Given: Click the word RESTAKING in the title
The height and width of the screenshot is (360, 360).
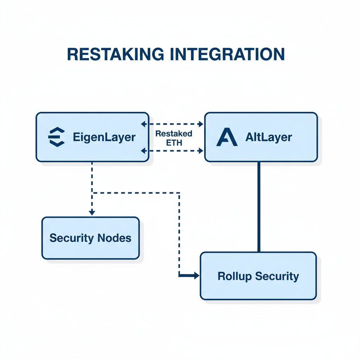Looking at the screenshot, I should (x=115, y=54).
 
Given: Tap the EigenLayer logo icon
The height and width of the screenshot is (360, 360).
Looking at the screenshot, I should (x=56, y=137).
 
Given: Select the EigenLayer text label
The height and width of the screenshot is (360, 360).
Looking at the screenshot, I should (x=104, y=137).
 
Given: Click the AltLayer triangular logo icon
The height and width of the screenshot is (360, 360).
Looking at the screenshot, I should (x=227, y=137).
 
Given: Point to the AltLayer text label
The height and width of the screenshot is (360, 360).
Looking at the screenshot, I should (x=269, y=137).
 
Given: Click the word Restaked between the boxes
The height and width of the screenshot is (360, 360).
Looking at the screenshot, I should (x=174, y=134).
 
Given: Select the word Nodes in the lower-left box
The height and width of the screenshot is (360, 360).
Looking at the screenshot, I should (x=115, y=238).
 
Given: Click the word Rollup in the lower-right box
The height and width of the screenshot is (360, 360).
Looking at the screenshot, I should (x=234, y=276).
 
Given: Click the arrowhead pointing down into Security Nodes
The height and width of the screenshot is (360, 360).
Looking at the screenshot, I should (x=92, y=212).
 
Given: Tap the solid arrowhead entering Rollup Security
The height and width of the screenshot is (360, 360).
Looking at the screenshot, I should (x=196, y=276).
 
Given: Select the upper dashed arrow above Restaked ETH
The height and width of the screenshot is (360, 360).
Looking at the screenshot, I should (x=172, y=124).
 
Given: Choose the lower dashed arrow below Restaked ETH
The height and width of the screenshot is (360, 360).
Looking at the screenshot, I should (x=172, y=151).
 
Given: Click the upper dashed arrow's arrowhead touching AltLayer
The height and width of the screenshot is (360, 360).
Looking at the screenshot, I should (x=201, y=124).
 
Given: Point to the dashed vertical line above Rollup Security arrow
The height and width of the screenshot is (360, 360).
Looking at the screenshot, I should (x=179, y=232).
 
